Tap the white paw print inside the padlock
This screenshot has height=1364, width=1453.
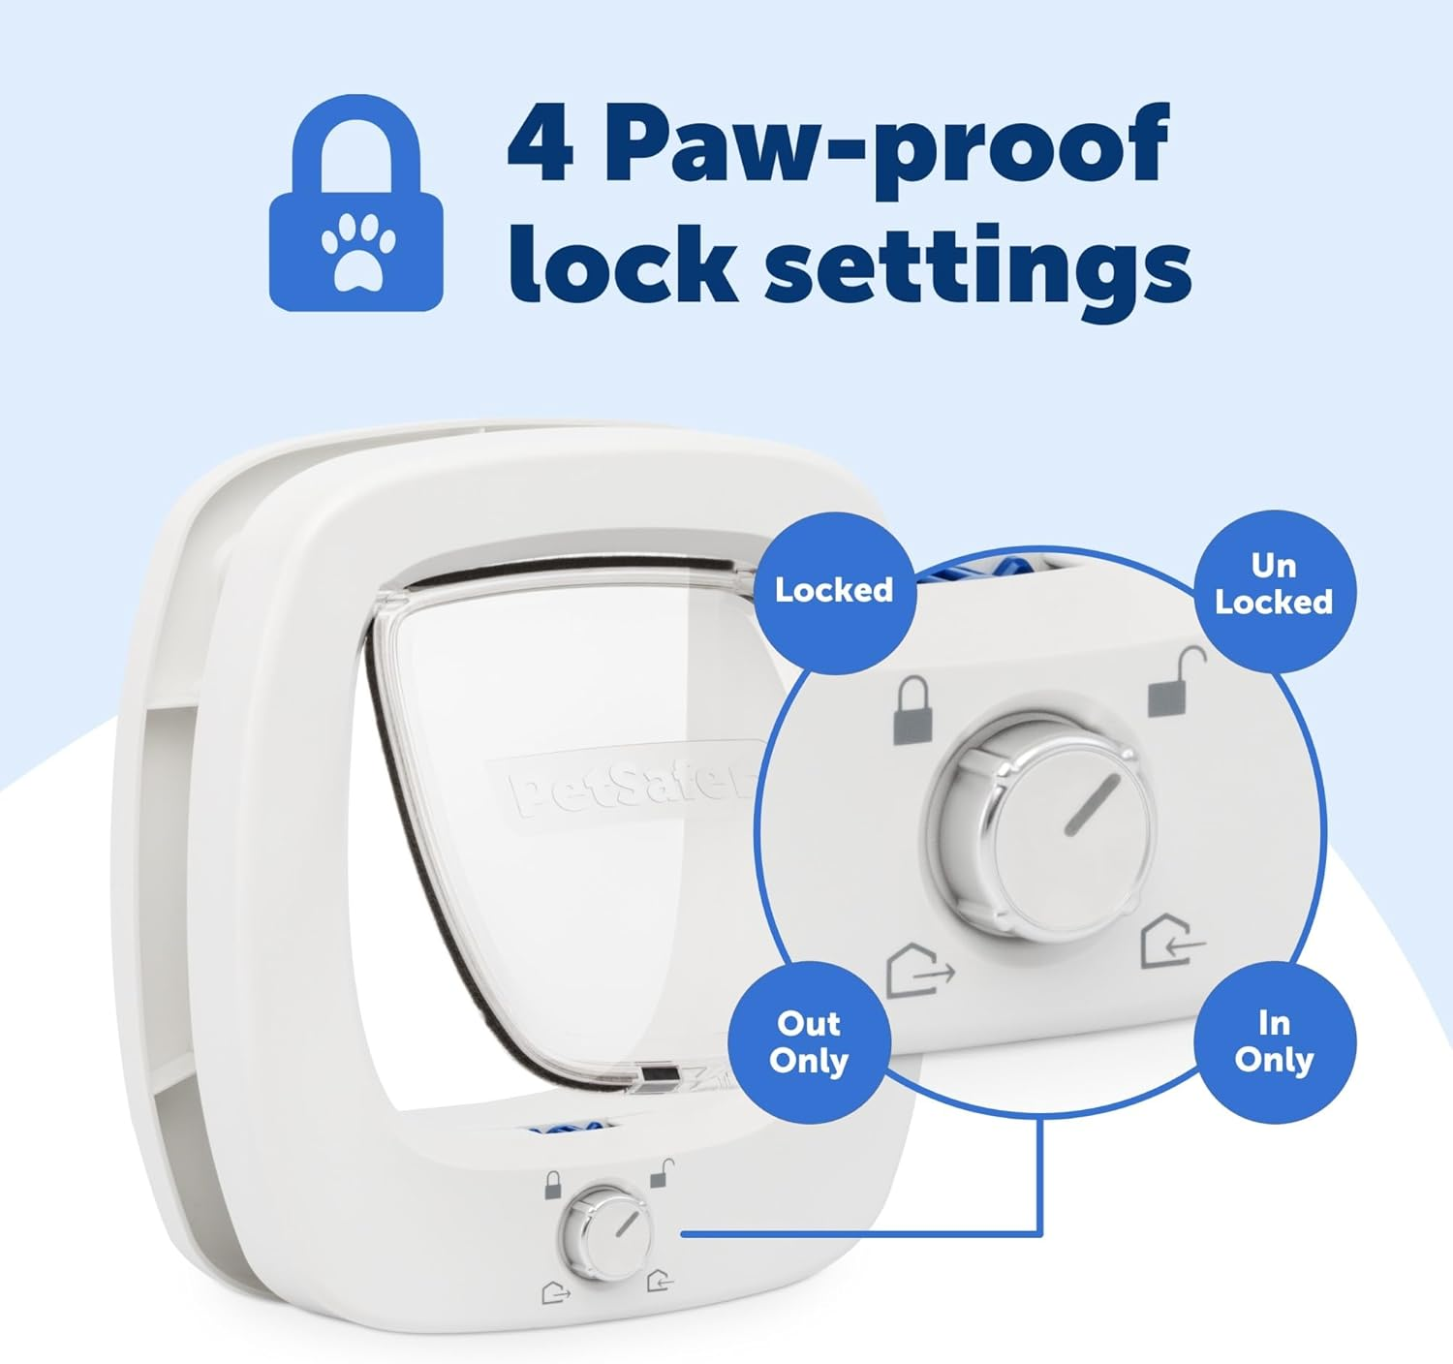point(357,251)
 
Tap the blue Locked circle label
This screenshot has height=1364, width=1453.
point(834,591)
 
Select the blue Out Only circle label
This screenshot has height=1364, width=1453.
point(809,1042)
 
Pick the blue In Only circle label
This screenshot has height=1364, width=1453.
point(1274,1042)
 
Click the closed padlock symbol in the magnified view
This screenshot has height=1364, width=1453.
point(913,711)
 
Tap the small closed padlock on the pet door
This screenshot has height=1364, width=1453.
point(552,1185)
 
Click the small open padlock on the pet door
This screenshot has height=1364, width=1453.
point(663,1173)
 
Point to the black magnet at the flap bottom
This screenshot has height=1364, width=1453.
point(658,1075)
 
